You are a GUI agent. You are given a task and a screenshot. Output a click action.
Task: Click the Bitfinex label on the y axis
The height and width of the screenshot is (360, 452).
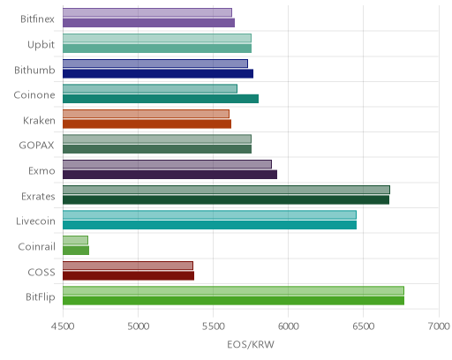pyautogui.click(x=37, y=19)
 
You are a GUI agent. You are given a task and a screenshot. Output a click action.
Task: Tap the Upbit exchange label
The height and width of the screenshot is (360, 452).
pyautogui.click(x=41, y=45)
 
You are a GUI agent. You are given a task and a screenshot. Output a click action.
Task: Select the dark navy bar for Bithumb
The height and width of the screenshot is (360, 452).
pyautogui.click(x=158, y=73)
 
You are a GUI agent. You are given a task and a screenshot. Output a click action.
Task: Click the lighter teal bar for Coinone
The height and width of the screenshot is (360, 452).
pyautogui.click(x=150, y=88)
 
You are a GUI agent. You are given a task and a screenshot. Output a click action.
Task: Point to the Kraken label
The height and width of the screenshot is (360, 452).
pyautogui.click(x=39, y=121)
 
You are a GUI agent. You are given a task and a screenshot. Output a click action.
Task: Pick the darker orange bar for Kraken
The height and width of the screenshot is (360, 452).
pyautogui.click(x=147, y=124)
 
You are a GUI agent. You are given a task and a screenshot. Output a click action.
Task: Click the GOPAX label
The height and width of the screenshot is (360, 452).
pyautogui.click(x=36, y=146)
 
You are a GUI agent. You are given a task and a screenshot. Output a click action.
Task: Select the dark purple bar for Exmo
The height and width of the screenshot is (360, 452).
pyautogui.click(x=169, y=175)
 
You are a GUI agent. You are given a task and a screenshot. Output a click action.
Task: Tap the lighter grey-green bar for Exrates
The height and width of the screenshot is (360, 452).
pyautogui.click(x=226, y=190)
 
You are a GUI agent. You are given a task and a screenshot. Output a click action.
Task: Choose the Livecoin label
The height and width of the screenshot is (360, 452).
pyautogui.click(x=35, y=221)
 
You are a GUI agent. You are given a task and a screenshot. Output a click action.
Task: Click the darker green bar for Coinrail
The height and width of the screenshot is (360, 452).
pyautogui.click(x=76, y=251)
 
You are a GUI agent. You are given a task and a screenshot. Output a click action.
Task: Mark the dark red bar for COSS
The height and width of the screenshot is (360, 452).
pyautogui.click(x=128, y=275)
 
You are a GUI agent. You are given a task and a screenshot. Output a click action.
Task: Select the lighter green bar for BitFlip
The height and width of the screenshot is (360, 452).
pyautogui.click(x=233, y=290)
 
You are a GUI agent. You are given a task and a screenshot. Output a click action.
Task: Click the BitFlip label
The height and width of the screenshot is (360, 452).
pyautogui.click(x=41, y=297)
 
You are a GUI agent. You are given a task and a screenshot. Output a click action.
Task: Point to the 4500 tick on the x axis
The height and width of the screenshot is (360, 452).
pyautogui.click(x=63, y=326)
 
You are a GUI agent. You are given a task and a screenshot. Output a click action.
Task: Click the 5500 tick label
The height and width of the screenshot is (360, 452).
pyautogui.click(x=213, y=326)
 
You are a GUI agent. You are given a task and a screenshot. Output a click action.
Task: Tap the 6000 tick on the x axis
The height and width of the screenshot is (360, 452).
pyautogui.click(x=288, y=326)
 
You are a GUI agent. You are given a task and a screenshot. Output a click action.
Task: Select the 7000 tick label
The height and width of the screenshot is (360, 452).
pyautogui.click(x=439, y=326)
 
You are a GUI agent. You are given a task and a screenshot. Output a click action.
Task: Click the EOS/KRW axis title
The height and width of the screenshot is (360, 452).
pyautogui.click(x=251, y=344)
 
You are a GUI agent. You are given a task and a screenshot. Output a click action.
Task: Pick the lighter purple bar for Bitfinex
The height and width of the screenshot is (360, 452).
pyautogui.click(x=147, y=12)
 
